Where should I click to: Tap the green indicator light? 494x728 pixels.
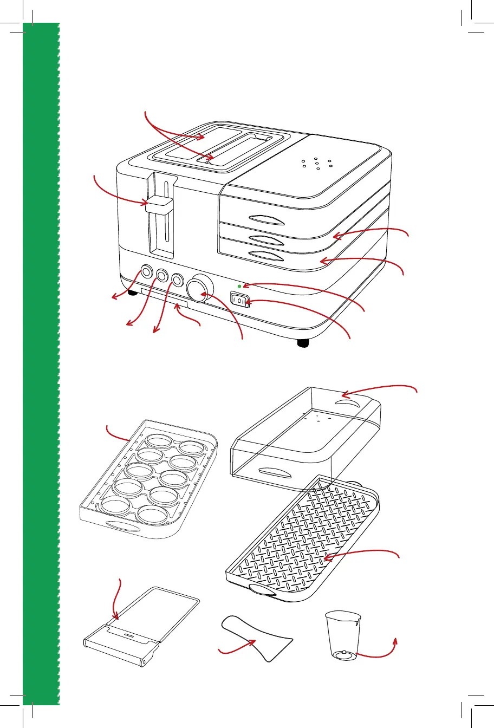[239, 285]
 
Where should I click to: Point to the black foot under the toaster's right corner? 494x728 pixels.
[304, 343]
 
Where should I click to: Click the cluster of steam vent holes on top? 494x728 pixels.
[316, 164]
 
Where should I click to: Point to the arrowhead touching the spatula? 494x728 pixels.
[253, 641]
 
